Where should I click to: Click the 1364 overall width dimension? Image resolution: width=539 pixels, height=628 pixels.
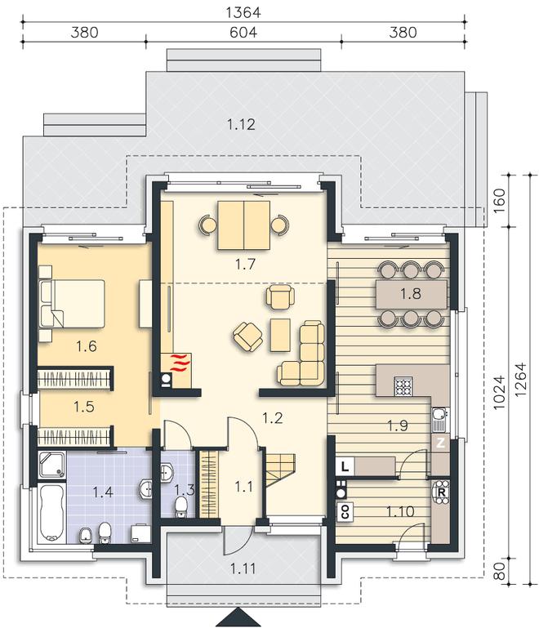(243, 12)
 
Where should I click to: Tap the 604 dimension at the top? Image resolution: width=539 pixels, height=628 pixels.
(243, 32)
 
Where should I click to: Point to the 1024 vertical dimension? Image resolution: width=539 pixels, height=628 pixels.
(499, 393)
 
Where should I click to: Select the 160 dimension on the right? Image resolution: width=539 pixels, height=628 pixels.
(499, 201)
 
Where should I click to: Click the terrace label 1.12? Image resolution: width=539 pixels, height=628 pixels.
(241, 125)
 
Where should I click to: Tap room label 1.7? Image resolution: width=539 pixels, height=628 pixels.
(245, 265)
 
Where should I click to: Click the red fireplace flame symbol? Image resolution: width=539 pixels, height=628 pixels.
(180, 362)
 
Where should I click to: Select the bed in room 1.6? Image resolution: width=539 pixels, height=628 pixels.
(72, 303)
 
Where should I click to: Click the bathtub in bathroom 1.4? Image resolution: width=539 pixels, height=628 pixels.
(51, 514)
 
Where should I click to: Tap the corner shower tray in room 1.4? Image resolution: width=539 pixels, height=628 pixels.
(52, 465)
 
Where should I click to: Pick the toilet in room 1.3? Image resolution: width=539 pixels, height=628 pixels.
(181, 506)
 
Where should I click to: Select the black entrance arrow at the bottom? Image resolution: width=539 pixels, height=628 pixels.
(238, 618)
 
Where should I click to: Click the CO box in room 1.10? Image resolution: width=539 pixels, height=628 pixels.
(345, 511)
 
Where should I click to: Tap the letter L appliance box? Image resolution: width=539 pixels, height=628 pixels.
(345, 466)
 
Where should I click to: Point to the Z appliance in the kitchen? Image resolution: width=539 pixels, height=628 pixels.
(440, 443)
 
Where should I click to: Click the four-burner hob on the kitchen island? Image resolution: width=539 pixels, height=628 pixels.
(403, 386)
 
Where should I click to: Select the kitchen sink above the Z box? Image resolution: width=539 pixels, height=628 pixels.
(439, 419)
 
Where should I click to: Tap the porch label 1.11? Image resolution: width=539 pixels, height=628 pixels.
(243, 568)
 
